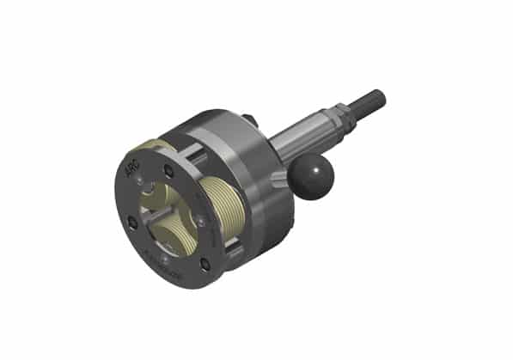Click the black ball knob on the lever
coord(310,178)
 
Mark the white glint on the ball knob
coord(317,170)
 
